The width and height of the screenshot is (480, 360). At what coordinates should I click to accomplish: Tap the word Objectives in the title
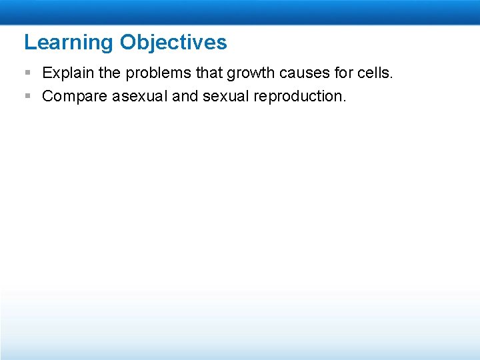(x=173, y=43)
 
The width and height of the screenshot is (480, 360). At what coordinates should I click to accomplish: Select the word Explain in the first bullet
(x=65, y=72)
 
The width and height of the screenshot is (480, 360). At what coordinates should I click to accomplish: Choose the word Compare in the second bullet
(x=74, y=97)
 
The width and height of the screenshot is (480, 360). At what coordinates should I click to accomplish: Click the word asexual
(x=140, y=96)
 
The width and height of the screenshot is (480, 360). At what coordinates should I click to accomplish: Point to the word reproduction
(x=297, y=97)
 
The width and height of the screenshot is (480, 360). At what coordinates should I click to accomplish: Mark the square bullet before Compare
(x=27, y=96)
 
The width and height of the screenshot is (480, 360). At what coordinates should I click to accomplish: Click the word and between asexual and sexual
(x=185, y=96)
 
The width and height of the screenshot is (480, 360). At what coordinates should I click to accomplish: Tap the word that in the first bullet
(x=195, y=72)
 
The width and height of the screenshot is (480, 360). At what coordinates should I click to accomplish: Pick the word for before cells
(x=339, y=72)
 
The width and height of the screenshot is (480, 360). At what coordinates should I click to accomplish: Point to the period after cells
(x=392, y=77)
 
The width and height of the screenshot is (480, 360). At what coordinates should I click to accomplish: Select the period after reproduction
(x=344, y=101)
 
